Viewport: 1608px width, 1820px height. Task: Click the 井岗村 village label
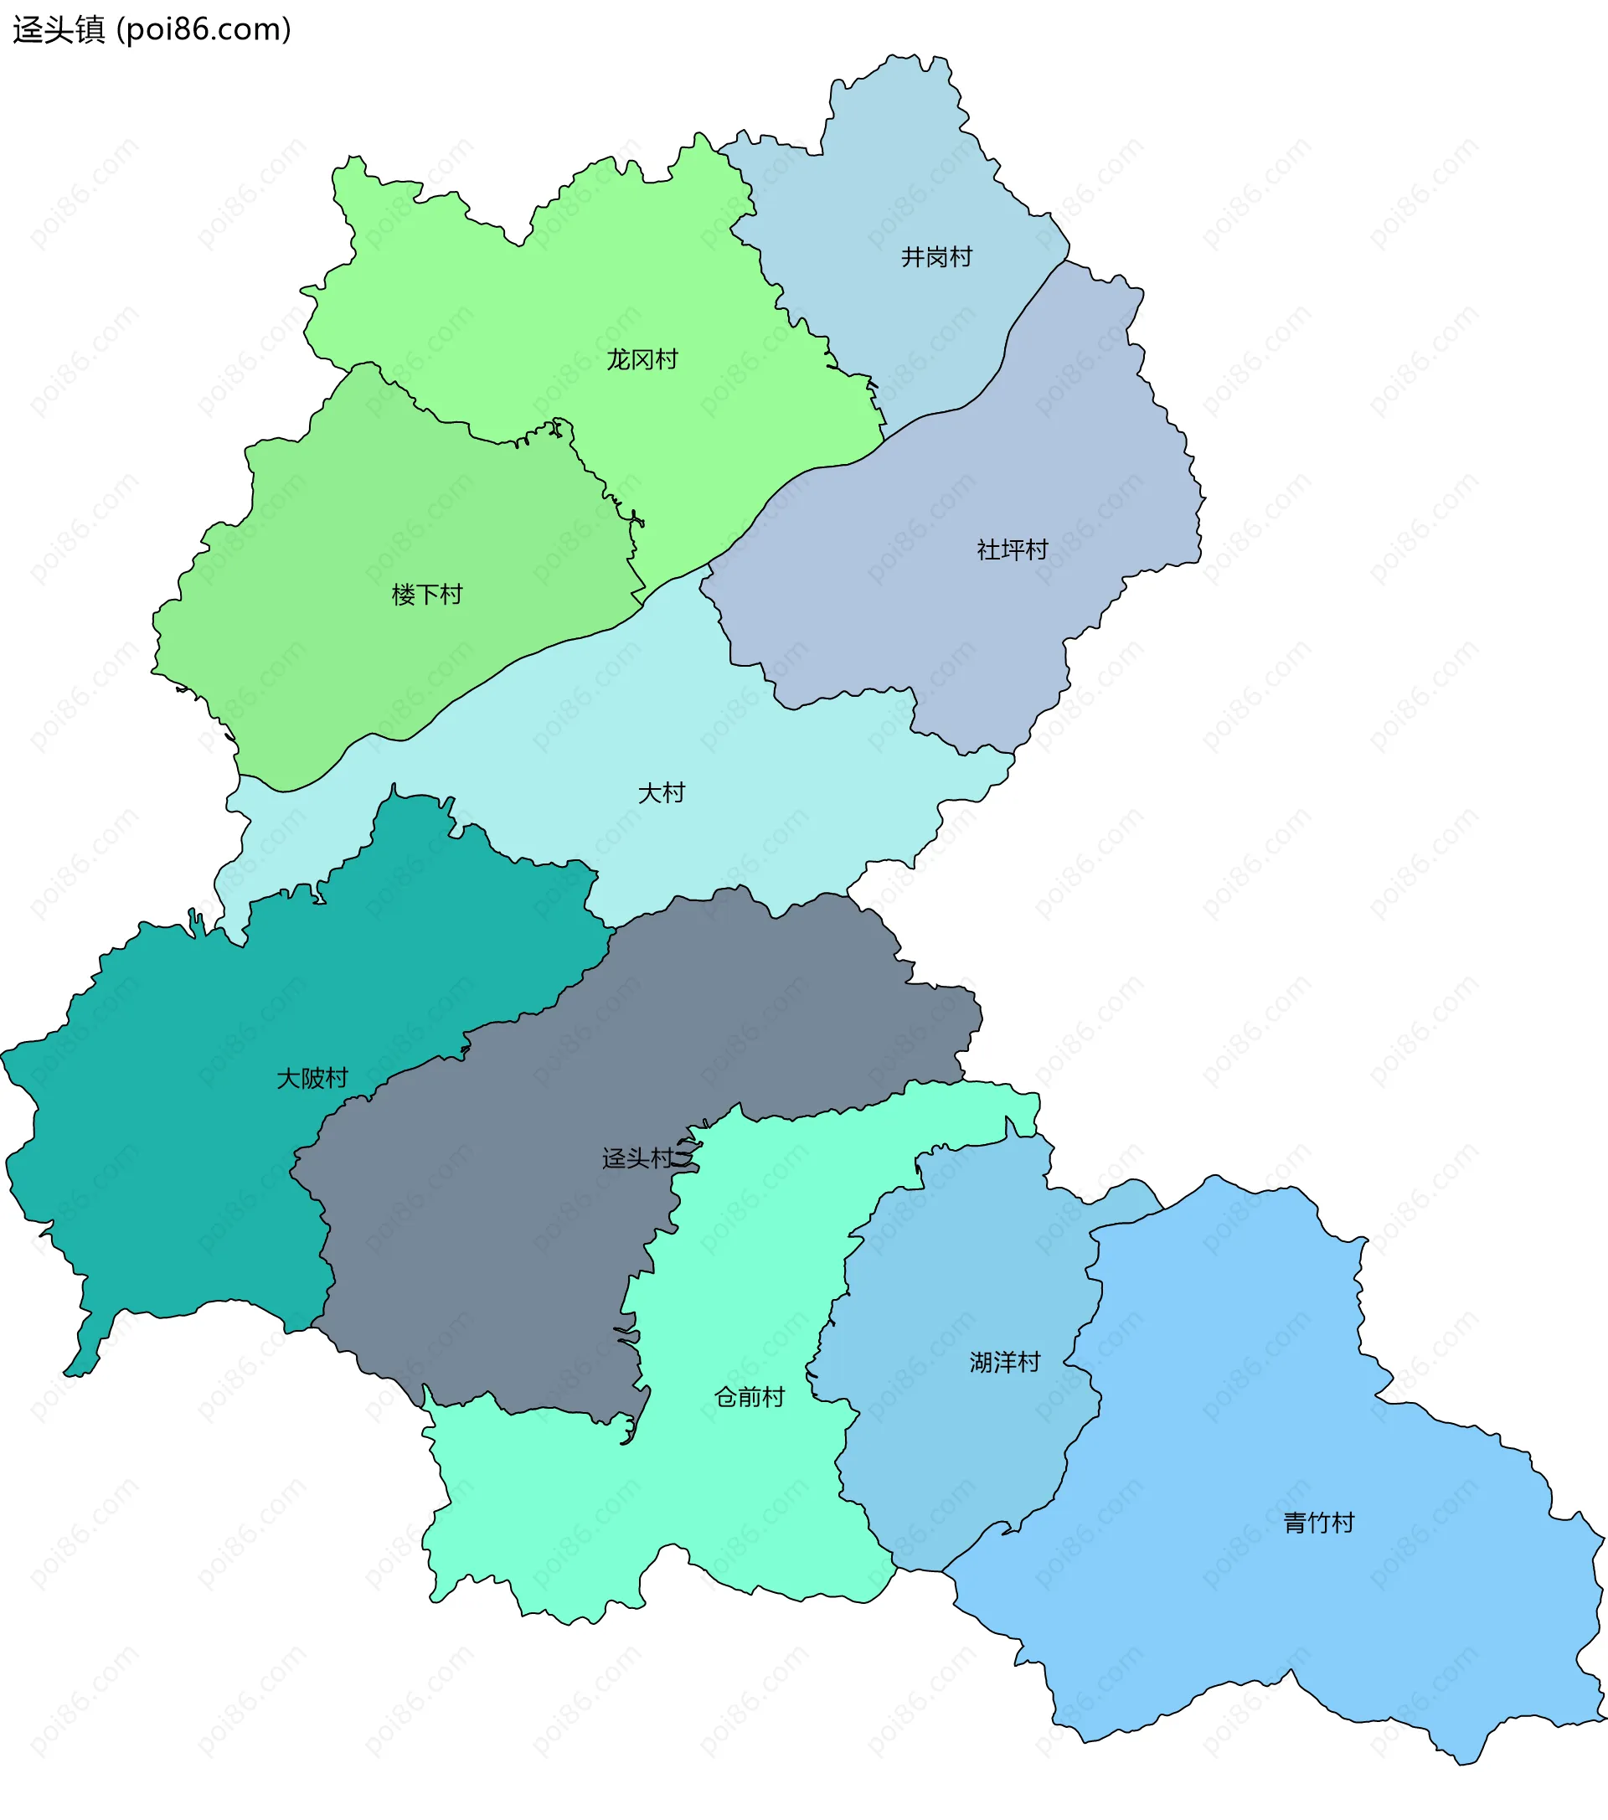pos(935,257)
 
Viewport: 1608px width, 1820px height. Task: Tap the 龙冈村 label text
pos(642,359)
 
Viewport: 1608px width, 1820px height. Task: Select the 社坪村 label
pos(1012,549)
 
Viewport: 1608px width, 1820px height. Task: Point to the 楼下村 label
pos(427,594)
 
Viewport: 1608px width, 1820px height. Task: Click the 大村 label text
pos(661,792)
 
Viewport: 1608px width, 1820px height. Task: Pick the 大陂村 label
pos(312,1078)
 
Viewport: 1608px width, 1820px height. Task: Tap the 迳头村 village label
pos(637,1157)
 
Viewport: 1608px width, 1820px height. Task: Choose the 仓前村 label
pos(749,1397)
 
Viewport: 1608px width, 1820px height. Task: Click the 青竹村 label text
pos(1318,1523)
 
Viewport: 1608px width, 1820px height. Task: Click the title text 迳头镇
pos(59,29)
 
